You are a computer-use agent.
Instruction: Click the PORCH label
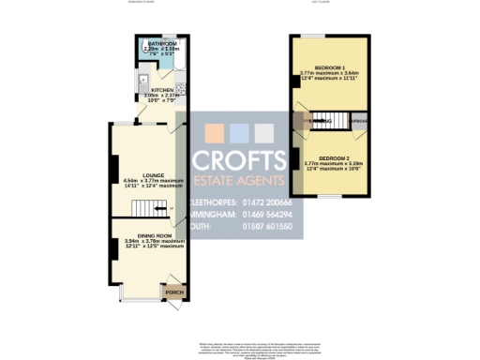[174, 292]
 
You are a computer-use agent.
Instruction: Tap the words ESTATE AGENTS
[239, 180]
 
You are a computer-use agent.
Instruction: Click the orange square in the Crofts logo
[215, 131]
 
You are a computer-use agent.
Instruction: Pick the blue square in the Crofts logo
[239, 131]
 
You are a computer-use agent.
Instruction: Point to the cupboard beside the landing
[358, 121]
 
